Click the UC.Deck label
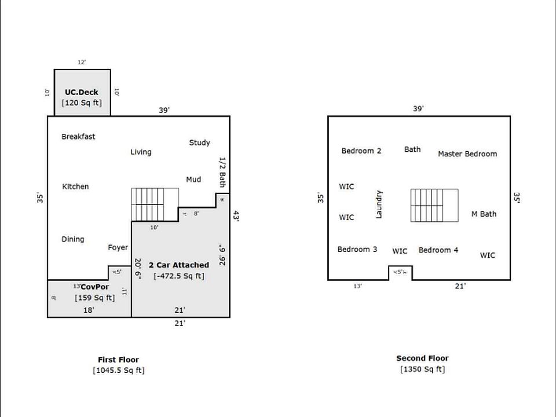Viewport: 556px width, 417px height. tap(82, 92)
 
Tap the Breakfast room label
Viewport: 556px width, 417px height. tap(78, 137)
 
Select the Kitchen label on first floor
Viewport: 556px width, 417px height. tap(75, 186)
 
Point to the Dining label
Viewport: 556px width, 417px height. tap(72, 239)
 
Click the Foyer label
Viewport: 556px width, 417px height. tap(118, 248)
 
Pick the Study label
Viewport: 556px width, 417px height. tap(199, 142)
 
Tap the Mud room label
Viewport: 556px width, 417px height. tap(193, 180)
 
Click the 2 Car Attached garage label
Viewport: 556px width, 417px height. tap(178, 265)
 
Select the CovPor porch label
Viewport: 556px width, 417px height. tap(95, 287)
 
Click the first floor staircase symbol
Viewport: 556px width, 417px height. tap(155, 204)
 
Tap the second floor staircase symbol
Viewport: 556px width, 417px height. tap(434, 205)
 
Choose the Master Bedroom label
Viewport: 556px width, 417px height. tap(467, 154)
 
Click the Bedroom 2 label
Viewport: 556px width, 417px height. tap(361, 151)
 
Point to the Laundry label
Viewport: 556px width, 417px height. tap(379, 204)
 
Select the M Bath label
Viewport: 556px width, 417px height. tap(484, 214)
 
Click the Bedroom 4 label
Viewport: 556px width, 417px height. tap(438, 250)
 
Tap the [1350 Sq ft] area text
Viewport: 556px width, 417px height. tap(422, 370)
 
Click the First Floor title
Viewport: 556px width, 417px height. tap(118, 360)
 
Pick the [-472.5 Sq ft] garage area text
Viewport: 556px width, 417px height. tap(178, 276)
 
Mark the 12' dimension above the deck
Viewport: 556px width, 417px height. tap(82, 62)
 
